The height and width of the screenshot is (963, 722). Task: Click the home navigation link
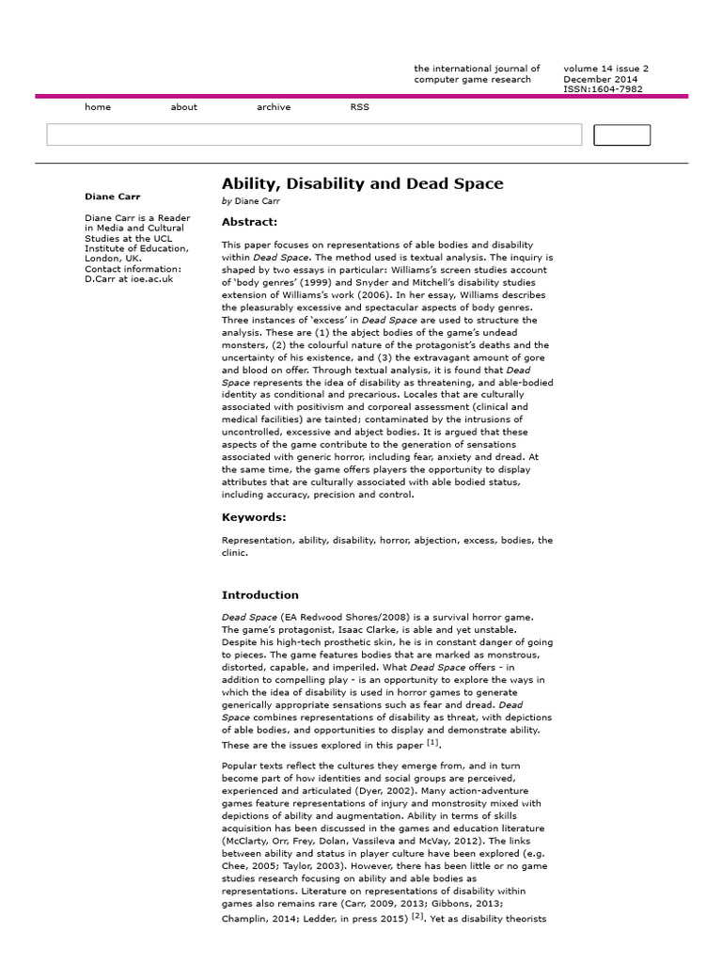click(98, 107)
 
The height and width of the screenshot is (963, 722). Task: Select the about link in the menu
click(184, 107)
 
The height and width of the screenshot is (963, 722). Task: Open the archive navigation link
click(274, 107)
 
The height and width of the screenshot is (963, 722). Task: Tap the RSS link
click(360, 107)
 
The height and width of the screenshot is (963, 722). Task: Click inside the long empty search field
click(314, 134)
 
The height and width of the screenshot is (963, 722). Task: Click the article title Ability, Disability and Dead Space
click(362, 183)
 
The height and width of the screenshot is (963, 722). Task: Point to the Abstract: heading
click(249, 222)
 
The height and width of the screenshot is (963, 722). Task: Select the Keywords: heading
click(254, 517)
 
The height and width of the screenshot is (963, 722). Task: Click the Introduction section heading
click(259, 595)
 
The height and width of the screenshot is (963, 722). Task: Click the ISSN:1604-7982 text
click(604, 90)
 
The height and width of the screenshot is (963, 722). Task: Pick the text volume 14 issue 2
click(605, 69)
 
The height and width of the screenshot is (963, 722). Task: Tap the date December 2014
click(601, 80)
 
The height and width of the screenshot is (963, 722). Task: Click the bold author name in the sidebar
click(112, 197)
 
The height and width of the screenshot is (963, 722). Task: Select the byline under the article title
click(251, 201)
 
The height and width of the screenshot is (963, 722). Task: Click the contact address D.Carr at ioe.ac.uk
click(129, 279)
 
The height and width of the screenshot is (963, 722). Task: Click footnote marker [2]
click(417, 917)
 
